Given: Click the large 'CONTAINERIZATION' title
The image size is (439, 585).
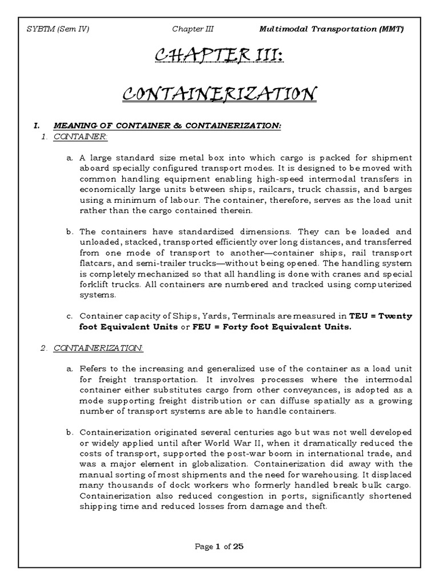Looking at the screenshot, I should [219, 93].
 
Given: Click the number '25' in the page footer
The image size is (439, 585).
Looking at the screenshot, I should [238, 546].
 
